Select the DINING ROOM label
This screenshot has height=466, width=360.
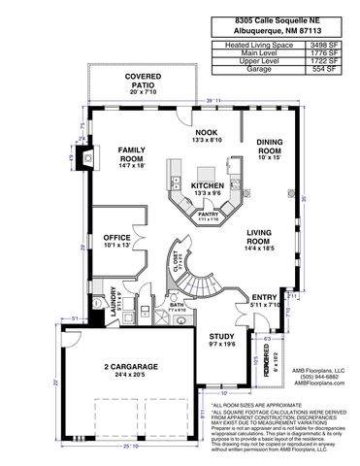[269, 148]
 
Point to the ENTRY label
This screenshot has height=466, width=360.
[263, 298]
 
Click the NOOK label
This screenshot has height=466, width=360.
[207, 131]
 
